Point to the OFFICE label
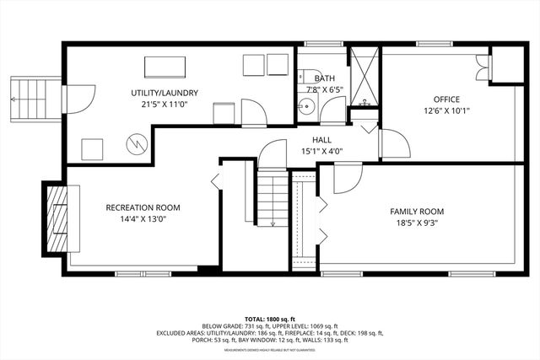point(446,99)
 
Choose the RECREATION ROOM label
point(143,207)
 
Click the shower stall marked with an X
point(364,76)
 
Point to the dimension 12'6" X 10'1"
point(446,110)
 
